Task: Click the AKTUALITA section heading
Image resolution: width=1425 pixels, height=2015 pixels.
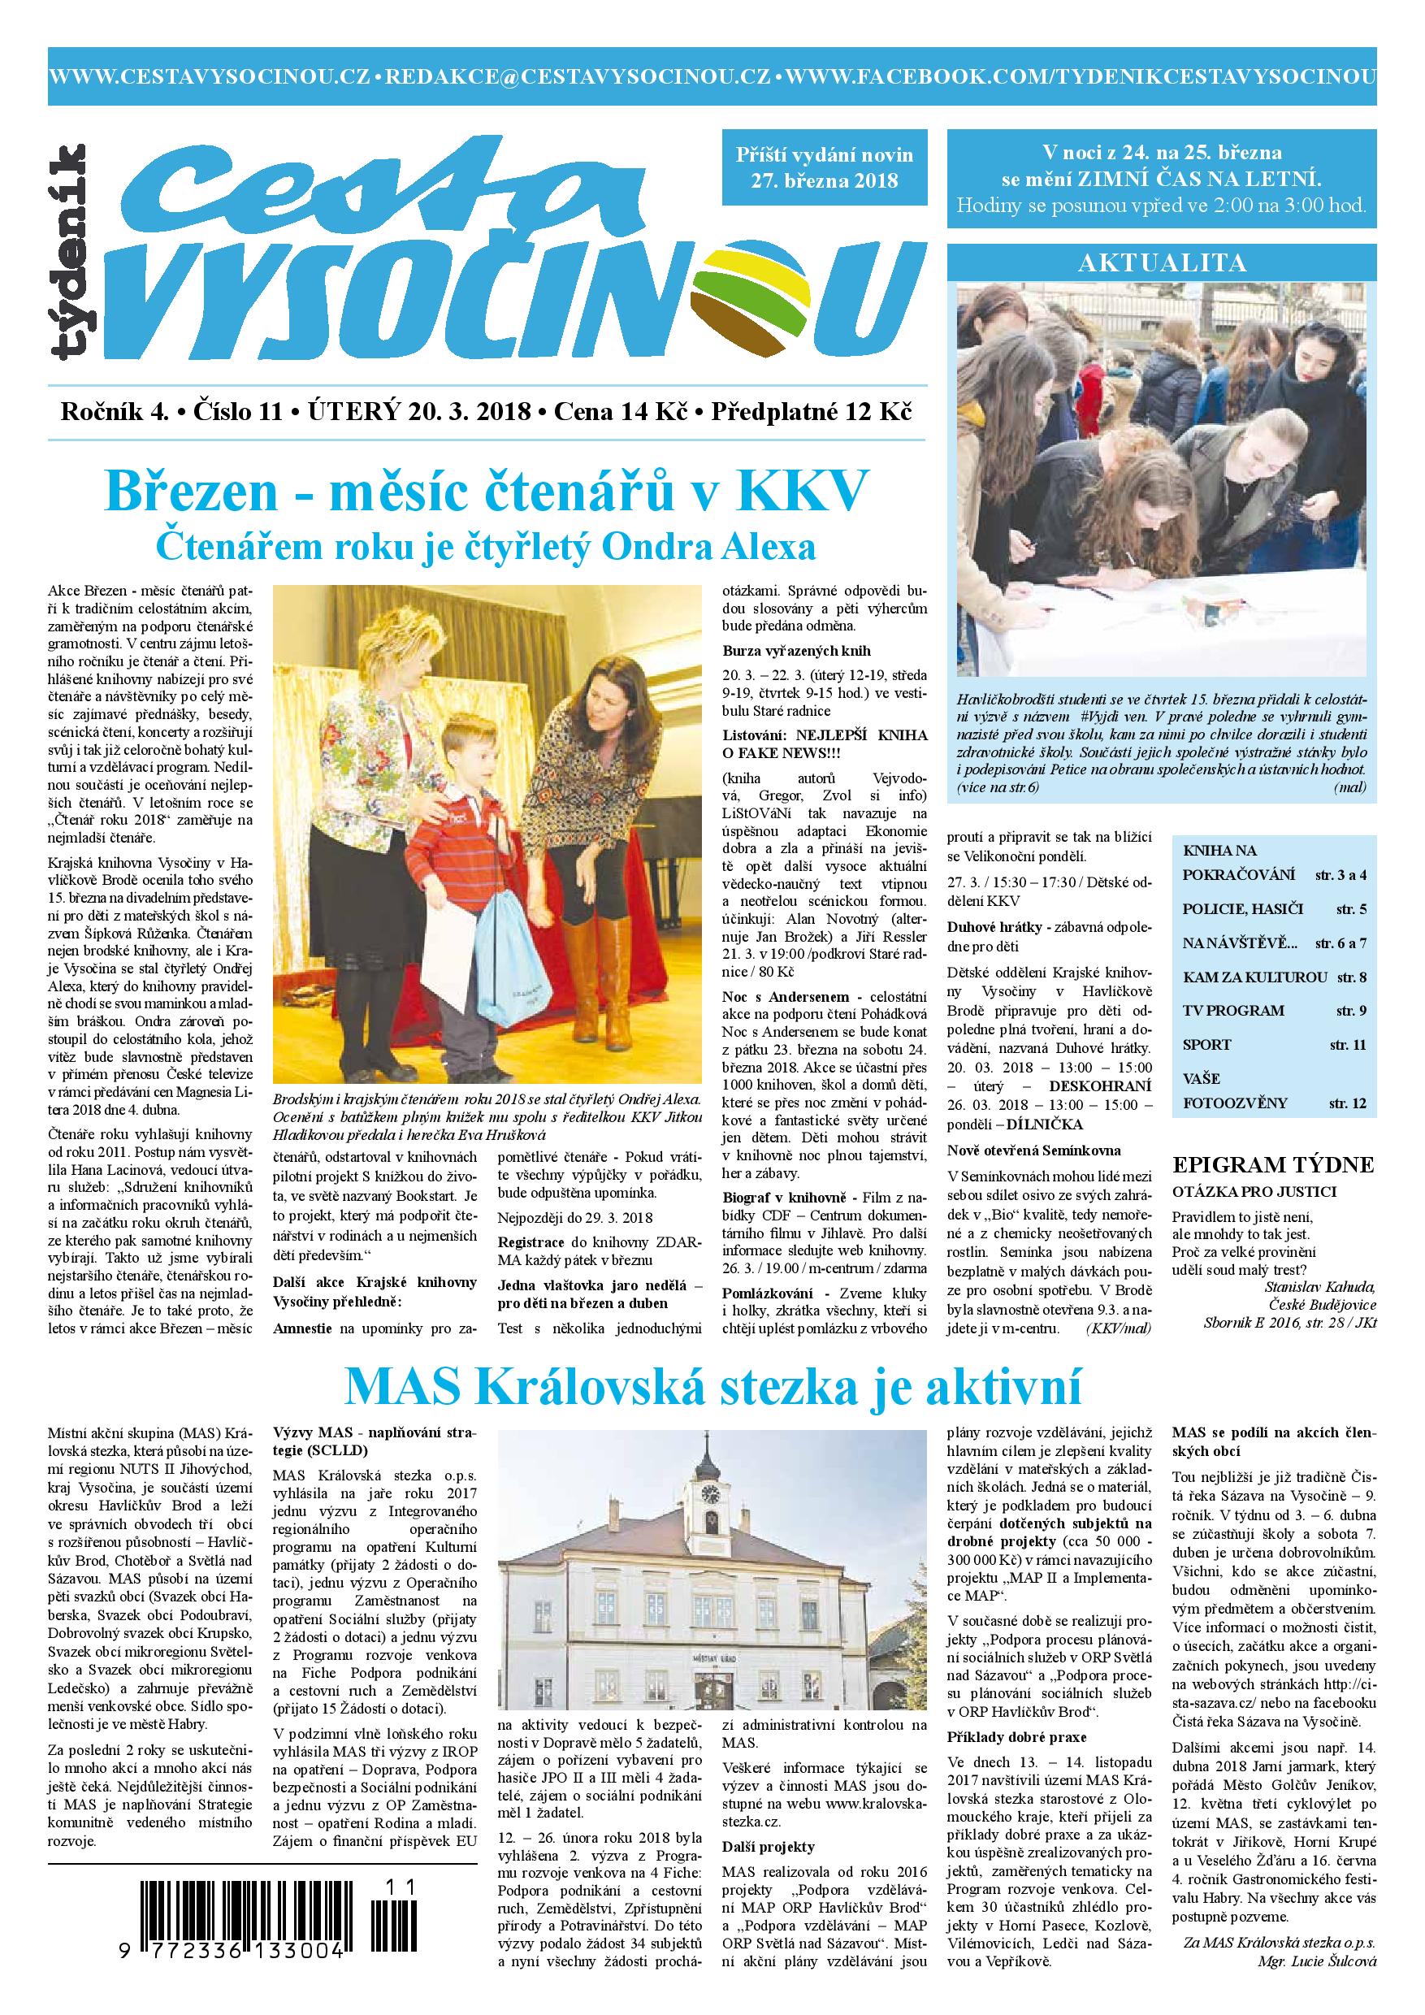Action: pos(1162,262)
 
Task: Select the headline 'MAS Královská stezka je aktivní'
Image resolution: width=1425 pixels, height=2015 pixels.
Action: pos(712,1388)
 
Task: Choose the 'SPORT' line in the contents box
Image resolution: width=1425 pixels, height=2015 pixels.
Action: pos(1207,1044)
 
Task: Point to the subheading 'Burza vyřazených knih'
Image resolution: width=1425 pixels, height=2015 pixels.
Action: pos(796,651)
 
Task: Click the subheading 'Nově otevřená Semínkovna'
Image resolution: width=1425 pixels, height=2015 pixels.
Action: pos(1033,1150)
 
